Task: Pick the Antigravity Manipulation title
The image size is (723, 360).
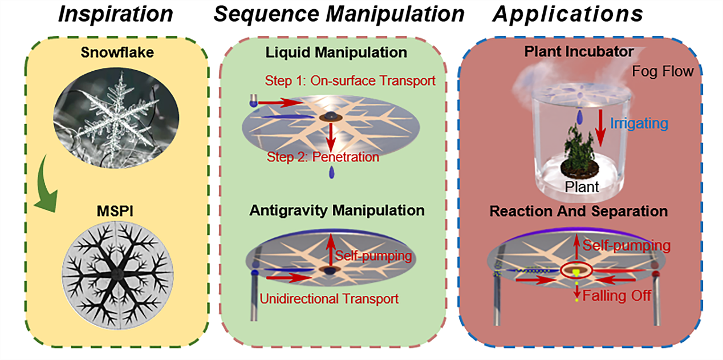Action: point(336,211)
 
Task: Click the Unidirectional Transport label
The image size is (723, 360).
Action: point(329,298)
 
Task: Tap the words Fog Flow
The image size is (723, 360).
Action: point(663,71)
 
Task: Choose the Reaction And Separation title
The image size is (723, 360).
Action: point(578,211)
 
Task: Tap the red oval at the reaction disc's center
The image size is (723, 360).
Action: point(578,269)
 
